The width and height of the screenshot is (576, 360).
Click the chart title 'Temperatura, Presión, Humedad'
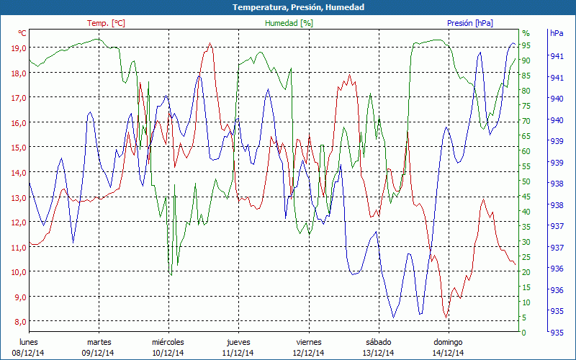[288, 6]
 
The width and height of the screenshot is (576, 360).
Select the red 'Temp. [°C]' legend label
[106, 23]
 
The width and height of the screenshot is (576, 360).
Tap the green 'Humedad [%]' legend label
[289, 23]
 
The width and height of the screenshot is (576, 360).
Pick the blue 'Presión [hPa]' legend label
[469, 23]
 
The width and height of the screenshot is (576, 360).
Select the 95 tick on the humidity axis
[526, 45]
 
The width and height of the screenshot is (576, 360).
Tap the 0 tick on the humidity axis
[524, 333]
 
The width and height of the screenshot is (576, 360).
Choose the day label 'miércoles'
[168, 342]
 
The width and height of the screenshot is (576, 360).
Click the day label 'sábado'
[378, 342]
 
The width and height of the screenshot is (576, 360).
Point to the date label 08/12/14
[28, 353]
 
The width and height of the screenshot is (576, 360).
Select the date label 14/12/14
[448, 353]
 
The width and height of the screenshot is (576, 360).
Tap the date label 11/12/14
[238, 353]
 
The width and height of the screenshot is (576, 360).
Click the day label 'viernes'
[308, 342]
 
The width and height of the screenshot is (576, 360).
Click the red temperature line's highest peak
[210, 43]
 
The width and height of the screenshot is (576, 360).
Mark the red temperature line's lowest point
[446, 318]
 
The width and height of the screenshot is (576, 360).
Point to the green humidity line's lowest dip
[171, 274]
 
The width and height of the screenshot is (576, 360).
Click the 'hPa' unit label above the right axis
[557, 33]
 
